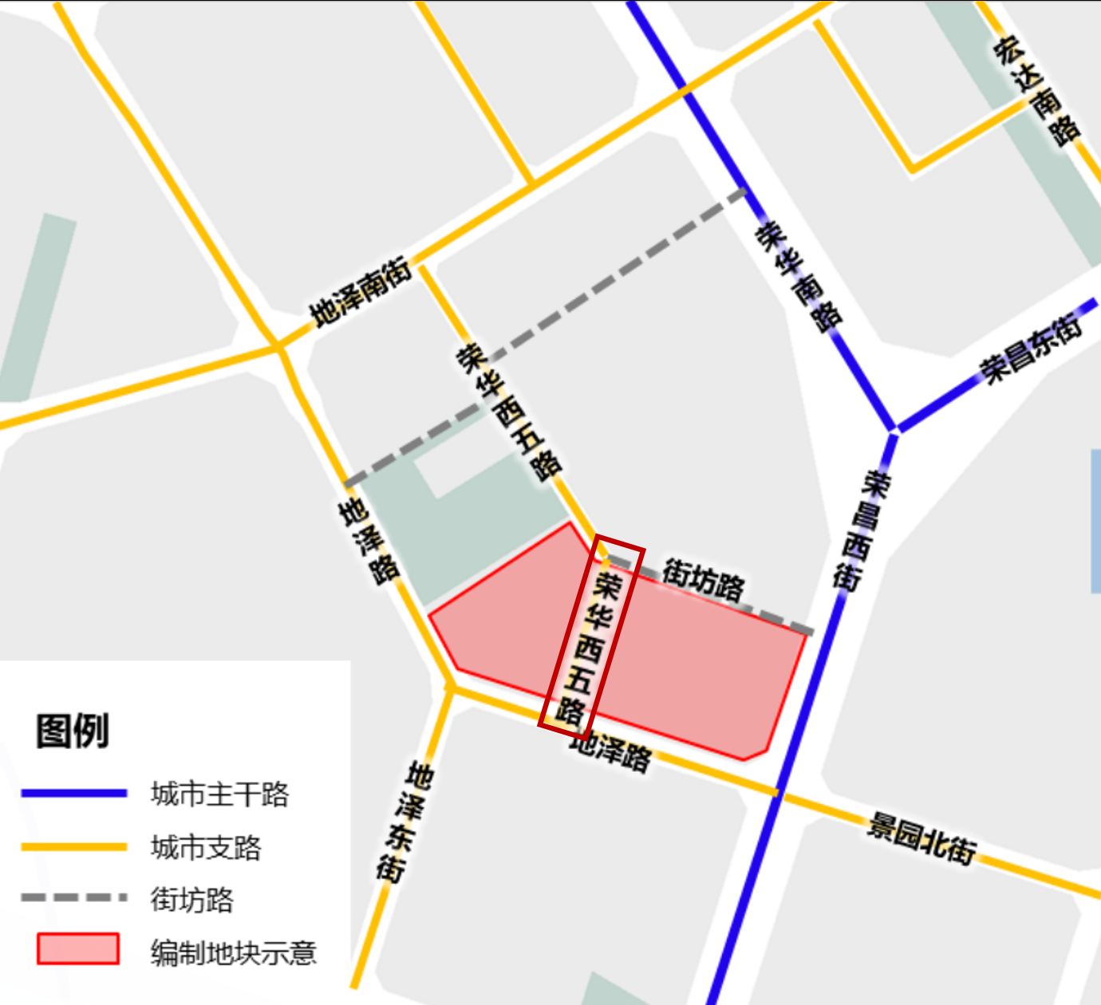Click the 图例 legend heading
pyautogui.click(x=72, y=731)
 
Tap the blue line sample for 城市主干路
pyautogui.click(x=73, y=793)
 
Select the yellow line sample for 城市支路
pyautogui.click(x=73, y=847)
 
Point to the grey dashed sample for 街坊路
pyautogui.click(x=73, y=898)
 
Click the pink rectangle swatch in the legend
pyautogui.click(x=78, y=949)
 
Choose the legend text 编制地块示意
pyautogui.click(x=234, y=952)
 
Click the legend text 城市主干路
pyautogui.click(x=220, y=794)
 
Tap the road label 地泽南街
pyautogui.click(x=361, y=291)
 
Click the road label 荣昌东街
pyautogui.click(x=1032, y=349)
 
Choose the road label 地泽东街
pyautogui.click(x=404, y=822)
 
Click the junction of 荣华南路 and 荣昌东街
pyautogui.click(x=894, y=429)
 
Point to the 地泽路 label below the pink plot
pyautogui.click(x=610, y=751)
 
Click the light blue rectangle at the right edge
pyautogui.click(x=1095, y=521)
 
